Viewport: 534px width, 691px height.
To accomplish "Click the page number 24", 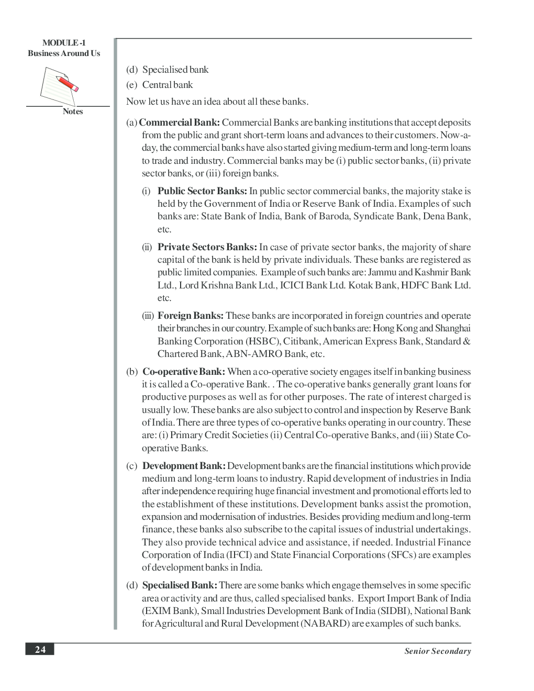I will [x=40, y=650].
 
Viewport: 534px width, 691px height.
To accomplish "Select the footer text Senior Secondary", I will [x=437, y=651].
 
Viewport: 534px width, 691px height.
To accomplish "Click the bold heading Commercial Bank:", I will [x=179, y=122].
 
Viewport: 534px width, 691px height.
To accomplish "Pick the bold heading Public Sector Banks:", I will [x=202, y=191].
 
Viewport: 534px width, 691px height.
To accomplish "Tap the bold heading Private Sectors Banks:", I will [x=207, y=247].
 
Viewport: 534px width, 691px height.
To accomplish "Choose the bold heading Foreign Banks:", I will [x=191, y=316].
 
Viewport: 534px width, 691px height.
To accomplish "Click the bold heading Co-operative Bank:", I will [x=184, y=372].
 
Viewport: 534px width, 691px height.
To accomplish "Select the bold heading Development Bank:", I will [x=184, y=466].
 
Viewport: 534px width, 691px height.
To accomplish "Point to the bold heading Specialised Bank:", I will [x=180, y=585].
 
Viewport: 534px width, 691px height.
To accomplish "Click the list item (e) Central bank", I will [x=160, y=85].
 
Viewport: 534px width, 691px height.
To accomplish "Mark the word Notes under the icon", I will [x=73, y=112].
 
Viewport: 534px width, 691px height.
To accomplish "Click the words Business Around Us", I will [x=64, y=53].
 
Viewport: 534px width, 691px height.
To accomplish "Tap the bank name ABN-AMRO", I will [x=253, y=354].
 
